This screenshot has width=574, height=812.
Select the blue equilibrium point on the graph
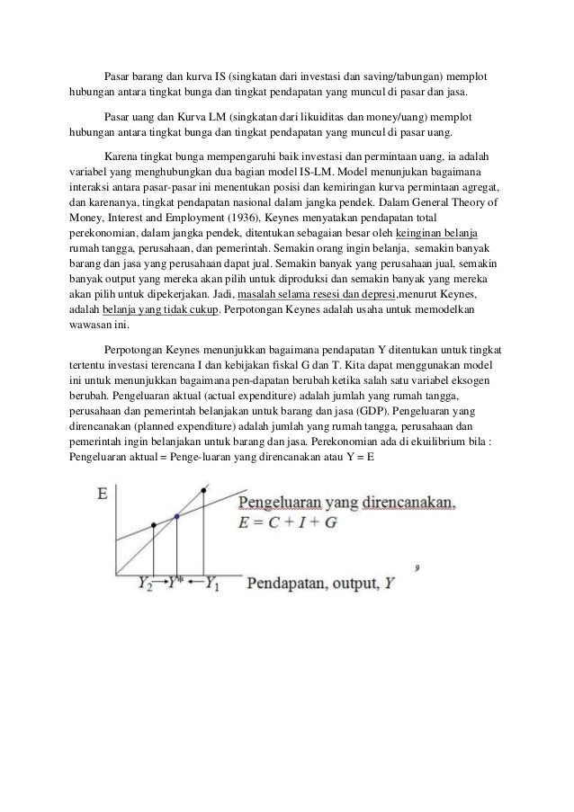tap(177, 516)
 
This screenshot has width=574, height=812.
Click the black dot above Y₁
tap(205, 491)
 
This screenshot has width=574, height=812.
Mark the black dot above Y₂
tap(154, 524)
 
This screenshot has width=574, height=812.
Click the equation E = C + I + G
tap(287, 522)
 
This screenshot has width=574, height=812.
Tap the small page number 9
tap(417, 567)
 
